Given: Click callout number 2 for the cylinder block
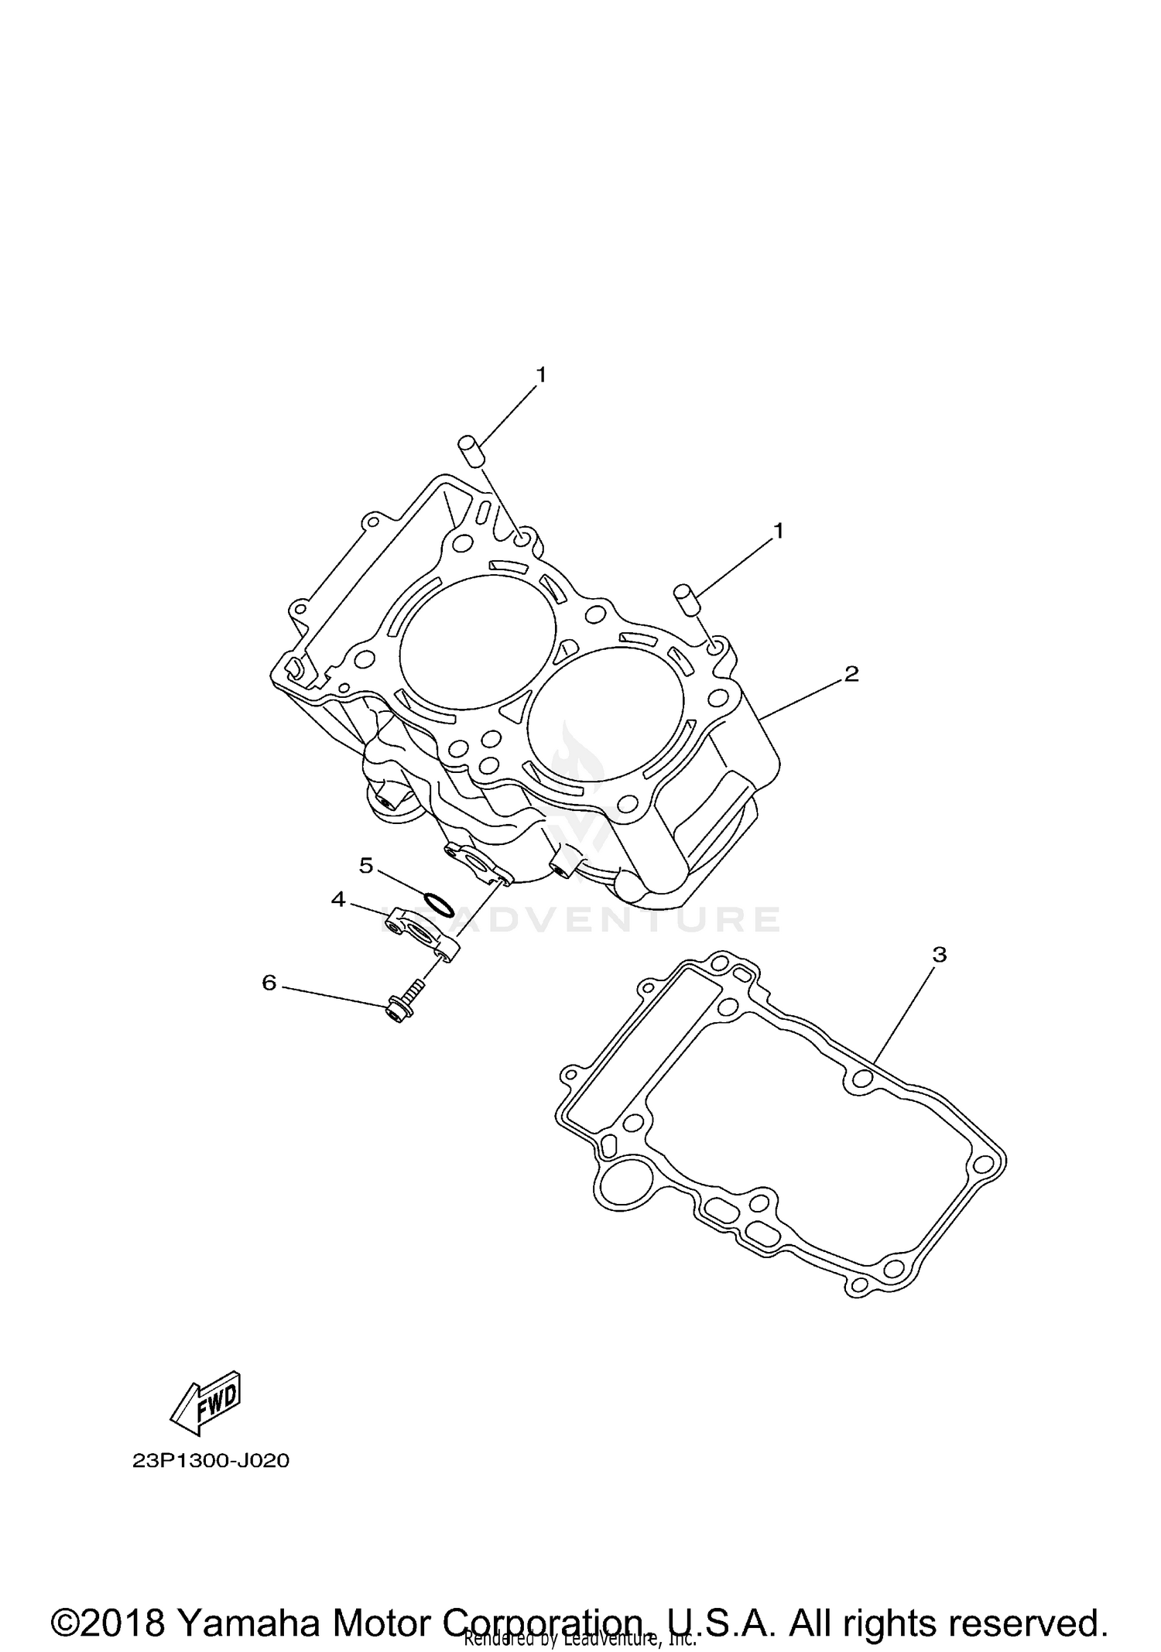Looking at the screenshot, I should [x=851, y=674].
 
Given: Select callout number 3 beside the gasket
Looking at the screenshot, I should [x=939, y=956].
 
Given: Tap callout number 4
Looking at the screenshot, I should [x=338, y=899].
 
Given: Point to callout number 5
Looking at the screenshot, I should [x=366, y=865].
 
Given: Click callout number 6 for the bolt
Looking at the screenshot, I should [x=269, y=983].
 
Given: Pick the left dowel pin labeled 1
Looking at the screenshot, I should [x=471, y=450].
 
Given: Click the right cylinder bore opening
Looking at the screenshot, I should [x=606, y=713].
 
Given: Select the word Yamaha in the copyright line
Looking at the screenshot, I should [x=248, y=1602].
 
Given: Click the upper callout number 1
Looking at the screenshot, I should [x=542, y=375].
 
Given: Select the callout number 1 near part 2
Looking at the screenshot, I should [x=779, y=531].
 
